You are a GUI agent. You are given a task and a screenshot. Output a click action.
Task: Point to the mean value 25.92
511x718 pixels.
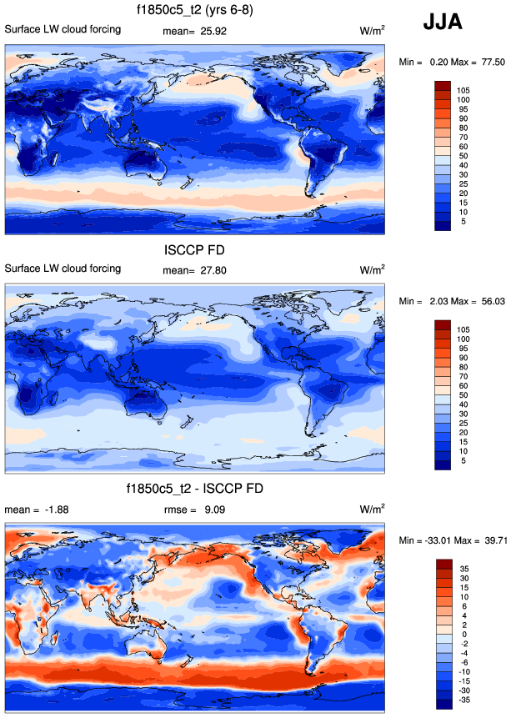215,30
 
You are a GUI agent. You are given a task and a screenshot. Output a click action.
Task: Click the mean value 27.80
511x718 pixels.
215,269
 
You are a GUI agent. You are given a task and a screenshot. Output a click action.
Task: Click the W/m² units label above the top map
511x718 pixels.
372,30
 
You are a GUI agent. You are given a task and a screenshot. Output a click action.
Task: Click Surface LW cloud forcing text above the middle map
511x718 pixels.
63,269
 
